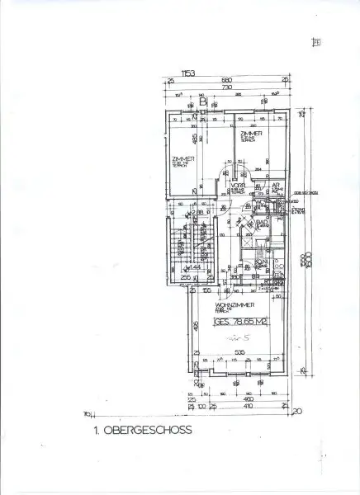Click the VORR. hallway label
(x=237, y=186)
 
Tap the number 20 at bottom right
(x=296, y=410)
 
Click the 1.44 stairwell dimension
(x=197, y=268)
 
